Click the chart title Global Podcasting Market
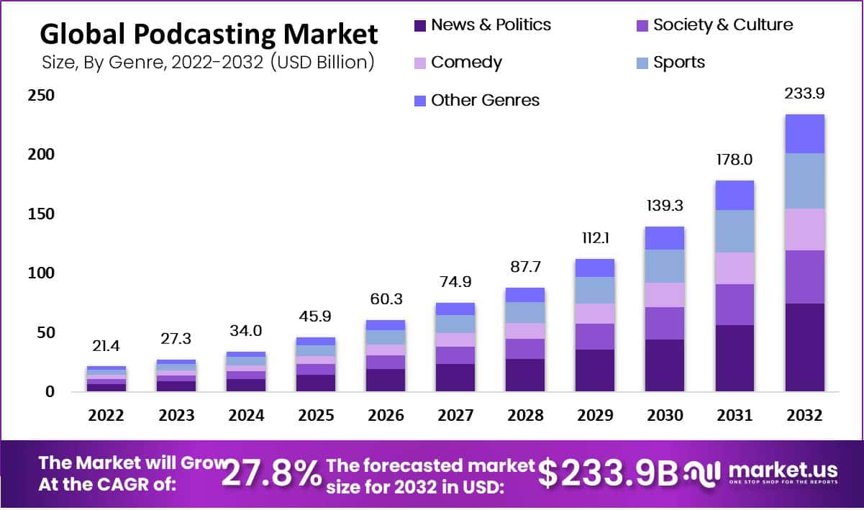(x=208, y=35)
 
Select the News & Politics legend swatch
(x=421, y=25)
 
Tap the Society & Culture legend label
(x=722, y=25)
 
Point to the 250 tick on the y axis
(x=41, y=96)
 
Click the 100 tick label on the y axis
(x=41, y=274)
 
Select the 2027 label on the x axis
(x=455, y=416)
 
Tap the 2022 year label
(x=106, y=416)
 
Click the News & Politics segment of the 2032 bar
(x=804, y=347)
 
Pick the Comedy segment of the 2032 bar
(x=804, y=229)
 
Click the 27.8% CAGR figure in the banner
(x=271, y=473)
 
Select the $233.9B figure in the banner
(x=609, y=473)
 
